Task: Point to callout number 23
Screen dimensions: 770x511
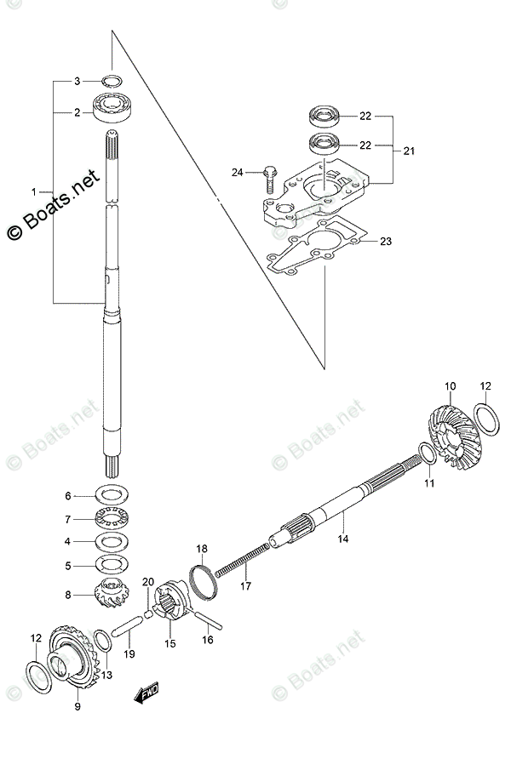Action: tap(385, 242)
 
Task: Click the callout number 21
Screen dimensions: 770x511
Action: tap(408, 151)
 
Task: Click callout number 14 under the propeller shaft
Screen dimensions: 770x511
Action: tap(342, 539)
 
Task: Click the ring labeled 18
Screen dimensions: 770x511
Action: tap(202, 579)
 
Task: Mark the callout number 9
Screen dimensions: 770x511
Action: tap(77, 705)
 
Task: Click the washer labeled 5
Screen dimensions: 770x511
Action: tap(111, 562)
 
